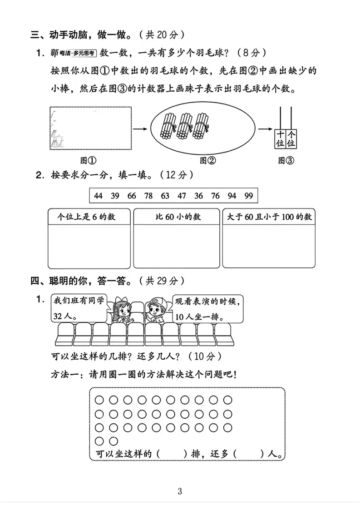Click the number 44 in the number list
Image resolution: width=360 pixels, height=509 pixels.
tap(99, 196)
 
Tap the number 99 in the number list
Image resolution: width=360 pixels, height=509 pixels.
tap(248, 196)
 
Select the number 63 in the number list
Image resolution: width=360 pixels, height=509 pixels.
tap(165, 196)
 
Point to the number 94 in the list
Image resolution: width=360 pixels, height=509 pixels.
tap(232, 196)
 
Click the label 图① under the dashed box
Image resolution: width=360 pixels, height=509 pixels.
tap(89, 160)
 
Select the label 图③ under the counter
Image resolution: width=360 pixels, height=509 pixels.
tap(286, 160)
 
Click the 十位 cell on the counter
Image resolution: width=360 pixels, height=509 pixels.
tap(280, 139)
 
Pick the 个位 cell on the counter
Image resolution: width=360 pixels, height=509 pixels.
tap(291, 139)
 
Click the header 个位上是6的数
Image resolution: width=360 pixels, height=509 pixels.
tap(86, 217)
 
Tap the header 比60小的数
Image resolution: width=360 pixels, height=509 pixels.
tap(178, 217)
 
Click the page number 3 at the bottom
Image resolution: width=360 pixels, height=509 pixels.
tap(180, 491)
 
